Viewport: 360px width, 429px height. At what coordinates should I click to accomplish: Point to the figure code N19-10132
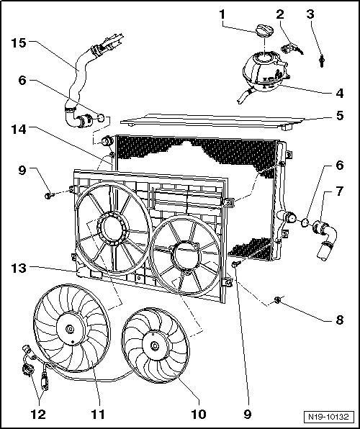point(328,417)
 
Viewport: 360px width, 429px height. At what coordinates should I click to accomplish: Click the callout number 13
point(19,268)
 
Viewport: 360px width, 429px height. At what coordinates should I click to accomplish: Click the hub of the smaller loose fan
point(155,346)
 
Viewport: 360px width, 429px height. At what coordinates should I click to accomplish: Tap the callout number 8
point(339,320)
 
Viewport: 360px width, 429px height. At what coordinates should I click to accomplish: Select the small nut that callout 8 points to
point(277,300)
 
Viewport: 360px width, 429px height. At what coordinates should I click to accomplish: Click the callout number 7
point(339,191)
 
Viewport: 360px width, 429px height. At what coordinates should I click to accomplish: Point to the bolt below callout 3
point(322,61)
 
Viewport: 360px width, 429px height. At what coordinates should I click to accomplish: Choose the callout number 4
point(339,93)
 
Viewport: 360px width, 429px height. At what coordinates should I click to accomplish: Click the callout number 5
point(339,115)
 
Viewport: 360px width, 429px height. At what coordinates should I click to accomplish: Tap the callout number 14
point(19,130)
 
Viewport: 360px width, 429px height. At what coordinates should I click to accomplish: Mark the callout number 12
point(38,414)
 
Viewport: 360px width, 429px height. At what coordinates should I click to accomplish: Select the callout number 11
point(98,414)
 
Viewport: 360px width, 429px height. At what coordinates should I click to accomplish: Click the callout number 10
point(199,414)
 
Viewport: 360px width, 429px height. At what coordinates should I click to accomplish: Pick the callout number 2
point(280,14)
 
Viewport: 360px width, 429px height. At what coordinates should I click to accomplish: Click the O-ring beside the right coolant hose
point(305,223)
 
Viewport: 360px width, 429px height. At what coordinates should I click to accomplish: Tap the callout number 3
point(310,14)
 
